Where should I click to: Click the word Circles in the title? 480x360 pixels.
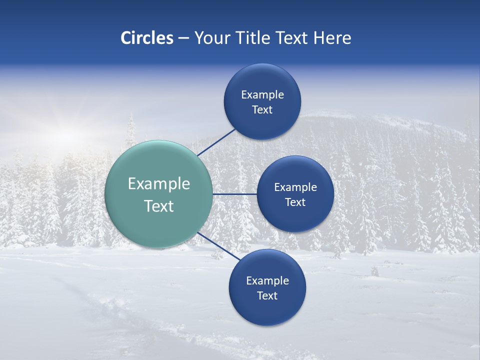pyautogui.click(x=147, y=38)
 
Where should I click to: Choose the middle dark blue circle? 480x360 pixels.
pyautogui.click(x=295, y=217)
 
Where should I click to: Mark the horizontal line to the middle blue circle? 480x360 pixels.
pyautogui.click(x=234, y=194)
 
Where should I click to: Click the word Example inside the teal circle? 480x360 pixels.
pyautogui.click(x=159, y=184)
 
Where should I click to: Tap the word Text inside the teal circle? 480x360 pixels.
pyautogui.click(x=159, y=206)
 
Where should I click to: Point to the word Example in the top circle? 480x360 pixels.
pyautogui.click(x=262, y=95)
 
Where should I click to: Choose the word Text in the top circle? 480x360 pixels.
pyautogui.click(x=262, y=110)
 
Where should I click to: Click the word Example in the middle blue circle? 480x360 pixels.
pyautogui.click(x=295, y=187)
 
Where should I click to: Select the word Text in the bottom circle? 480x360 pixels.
pyautogui.click(x=267, y=296)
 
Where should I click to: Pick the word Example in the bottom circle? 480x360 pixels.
pyautogui.click(x=267, y=281)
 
